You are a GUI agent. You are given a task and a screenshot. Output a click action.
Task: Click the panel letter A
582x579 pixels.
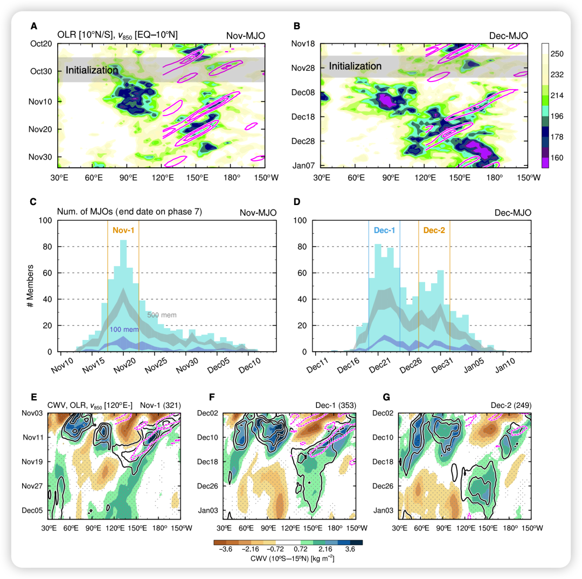click(34, 26)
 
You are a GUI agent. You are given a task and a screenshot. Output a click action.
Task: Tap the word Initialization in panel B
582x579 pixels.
click(355, 66)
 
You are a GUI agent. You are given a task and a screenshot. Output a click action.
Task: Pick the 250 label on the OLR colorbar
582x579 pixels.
click(557, 55)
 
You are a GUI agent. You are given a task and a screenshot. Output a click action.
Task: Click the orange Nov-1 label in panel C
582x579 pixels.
click(123, 230)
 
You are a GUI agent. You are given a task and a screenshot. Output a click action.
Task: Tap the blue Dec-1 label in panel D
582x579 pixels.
click(384, 230)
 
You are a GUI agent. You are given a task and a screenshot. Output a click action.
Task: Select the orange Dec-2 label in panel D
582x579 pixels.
click(434, 230)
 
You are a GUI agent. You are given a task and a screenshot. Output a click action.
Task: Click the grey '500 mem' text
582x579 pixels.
click(162, 315)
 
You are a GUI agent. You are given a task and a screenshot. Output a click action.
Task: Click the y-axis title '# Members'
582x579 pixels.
click(31, 286)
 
